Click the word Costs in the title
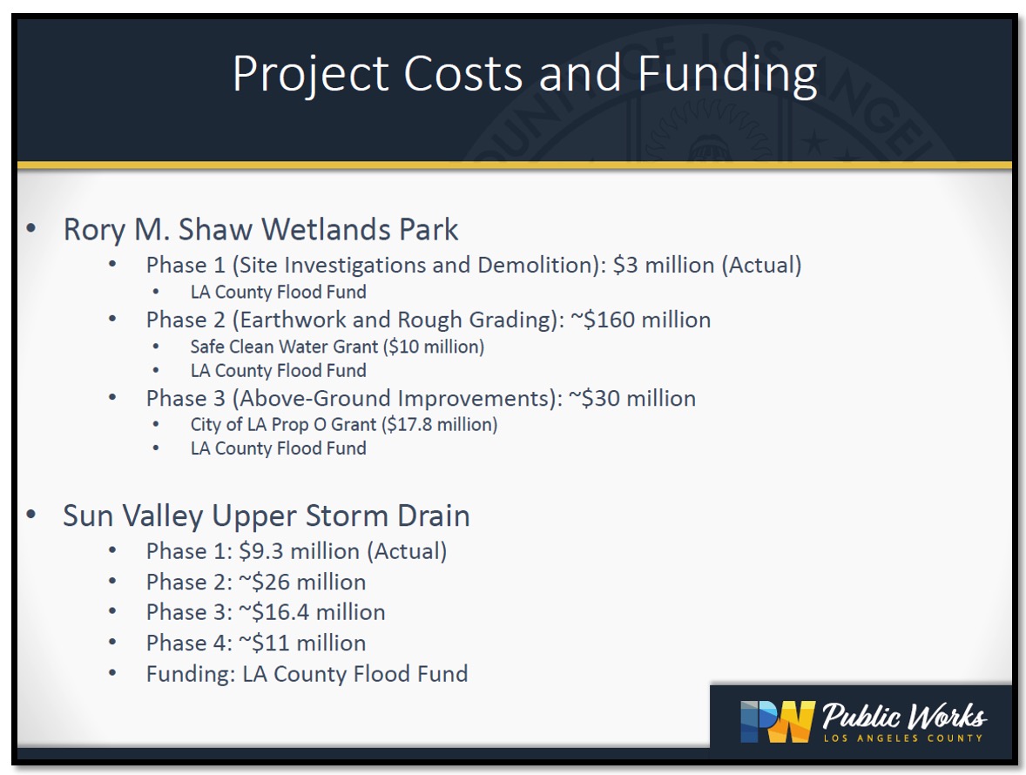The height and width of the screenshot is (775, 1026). tap(463, 72)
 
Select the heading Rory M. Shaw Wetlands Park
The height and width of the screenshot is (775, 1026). tap(260, 230)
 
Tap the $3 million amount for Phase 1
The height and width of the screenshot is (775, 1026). tap(664, 265)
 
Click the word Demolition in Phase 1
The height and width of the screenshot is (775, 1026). tap(538, 265)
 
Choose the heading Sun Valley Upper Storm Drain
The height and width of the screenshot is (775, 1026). tap(267, 516)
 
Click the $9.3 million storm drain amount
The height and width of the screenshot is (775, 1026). tap(299, 551)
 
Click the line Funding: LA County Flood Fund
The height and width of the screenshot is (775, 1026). tap(307, 674)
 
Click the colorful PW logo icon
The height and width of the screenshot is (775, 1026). tap(778, 721)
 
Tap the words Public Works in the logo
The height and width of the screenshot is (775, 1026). tap(904, 716)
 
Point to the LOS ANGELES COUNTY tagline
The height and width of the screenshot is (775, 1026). tap(903, 738)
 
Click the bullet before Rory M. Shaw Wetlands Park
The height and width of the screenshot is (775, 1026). tap(31, 229)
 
